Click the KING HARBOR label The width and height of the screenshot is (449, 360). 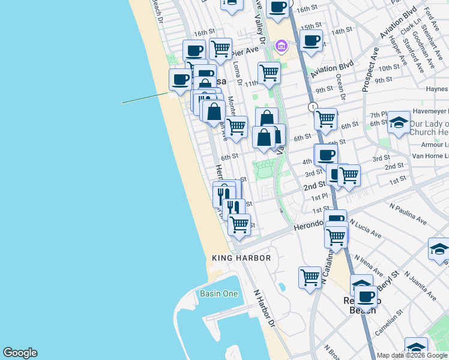(241, 258)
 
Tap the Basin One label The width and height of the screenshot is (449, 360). (218, 293)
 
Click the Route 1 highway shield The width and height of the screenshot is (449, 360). (313, 107)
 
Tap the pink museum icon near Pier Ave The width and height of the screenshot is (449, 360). (280, 46)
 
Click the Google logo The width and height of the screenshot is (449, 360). (20, 353)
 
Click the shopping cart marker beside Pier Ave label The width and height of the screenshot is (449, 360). (221, 48)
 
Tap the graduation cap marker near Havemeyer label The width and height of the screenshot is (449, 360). (398, 123)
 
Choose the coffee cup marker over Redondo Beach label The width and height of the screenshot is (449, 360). (365, 296)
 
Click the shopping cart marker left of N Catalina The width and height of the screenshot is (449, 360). (310, 277)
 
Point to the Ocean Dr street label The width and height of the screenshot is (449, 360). (340, 86)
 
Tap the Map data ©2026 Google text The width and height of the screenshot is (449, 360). (412, 355)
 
